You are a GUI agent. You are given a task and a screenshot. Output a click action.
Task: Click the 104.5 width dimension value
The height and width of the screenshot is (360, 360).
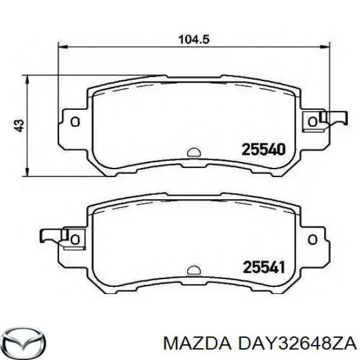click(193, 40)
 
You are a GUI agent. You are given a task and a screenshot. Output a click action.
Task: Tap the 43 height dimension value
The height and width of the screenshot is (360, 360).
click(19, 125)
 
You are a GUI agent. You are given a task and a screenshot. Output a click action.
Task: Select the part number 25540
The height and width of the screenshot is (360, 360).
click(263, 149)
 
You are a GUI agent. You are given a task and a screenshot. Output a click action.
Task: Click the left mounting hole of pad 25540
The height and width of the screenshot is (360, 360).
click(75, 122)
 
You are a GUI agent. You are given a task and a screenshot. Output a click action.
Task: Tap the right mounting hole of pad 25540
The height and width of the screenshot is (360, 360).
click(311, 122)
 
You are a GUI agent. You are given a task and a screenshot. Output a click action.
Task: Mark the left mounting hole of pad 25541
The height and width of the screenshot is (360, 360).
click(75, 239)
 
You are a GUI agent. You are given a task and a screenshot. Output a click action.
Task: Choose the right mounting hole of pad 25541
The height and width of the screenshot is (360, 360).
click(311, 239)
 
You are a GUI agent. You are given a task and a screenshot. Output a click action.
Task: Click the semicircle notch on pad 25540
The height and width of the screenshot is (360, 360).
click(193, 152)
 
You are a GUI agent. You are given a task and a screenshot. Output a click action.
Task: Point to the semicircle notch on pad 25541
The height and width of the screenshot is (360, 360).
click(193, 269)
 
